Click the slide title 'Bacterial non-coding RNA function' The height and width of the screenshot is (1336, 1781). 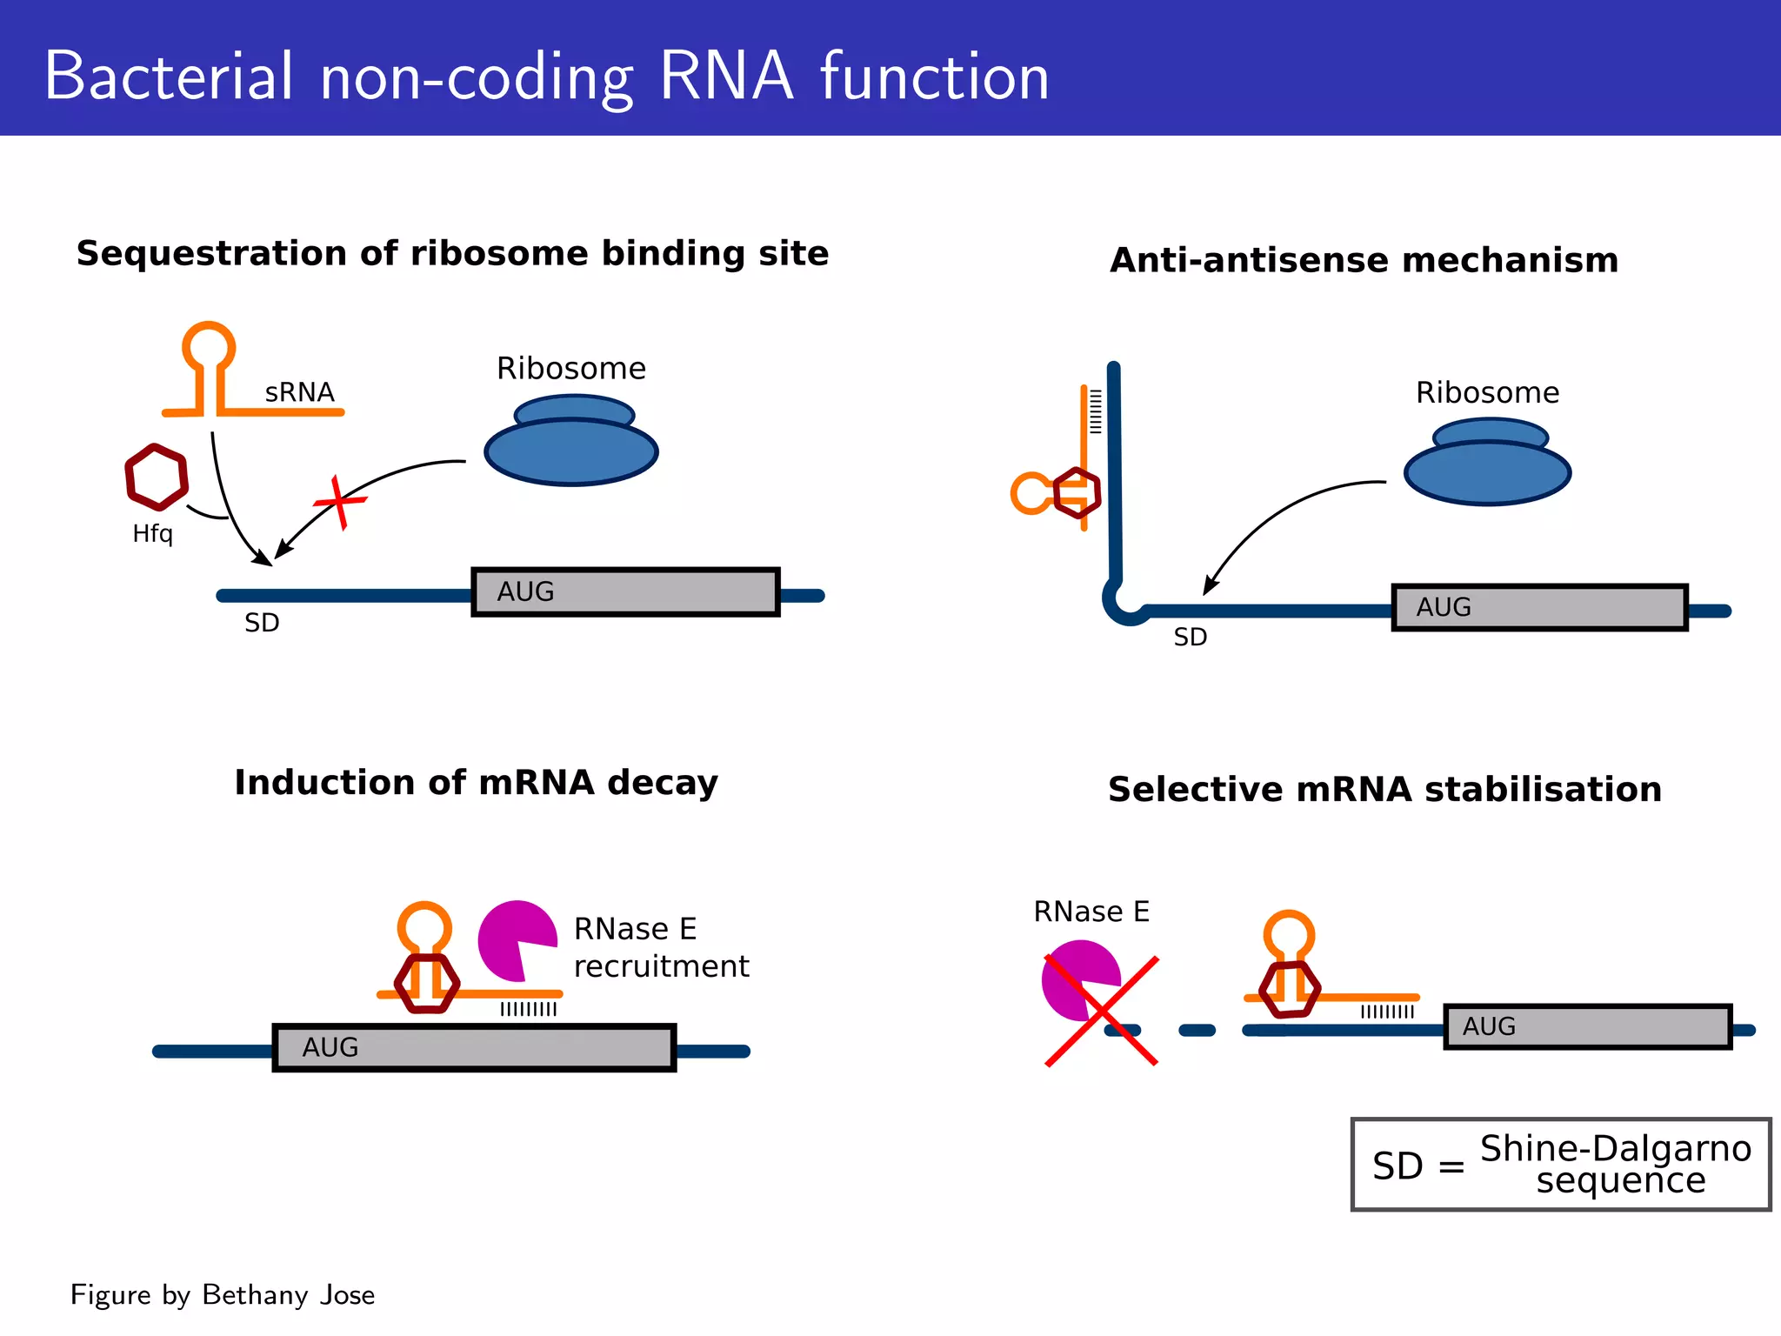point(546,77)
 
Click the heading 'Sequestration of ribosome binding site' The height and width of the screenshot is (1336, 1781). point(452,253)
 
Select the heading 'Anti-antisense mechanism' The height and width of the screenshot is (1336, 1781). point(1364,260)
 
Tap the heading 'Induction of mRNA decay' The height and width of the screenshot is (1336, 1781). point(476,782)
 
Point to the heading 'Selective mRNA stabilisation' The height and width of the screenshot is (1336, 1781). point(1384,789)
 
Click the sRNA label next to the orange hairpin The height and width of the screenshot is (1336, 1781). point(299,392)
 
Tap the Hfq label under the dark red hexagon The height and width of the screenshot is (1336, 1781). point(152,533)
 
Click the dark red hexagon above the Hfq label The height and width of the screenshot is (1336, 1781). point(157,477)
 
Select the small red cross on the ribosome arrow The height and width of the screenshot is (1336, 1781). point(340,502)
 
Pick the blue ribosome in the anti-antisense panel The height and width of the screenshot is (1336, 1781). point(1487,468)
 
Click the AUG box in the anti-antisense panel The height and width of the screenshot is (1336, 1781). point(1539,607)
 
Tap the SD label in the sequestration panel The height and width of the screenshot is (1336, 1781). point(261,623)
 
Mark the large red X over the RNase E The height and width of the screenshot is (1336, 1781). point(1101,1011)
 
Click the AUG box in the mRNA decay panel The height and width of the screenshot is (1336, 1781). point(474,1047)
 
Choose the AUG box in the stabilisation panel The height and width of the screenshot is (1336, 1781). point(1587,1026)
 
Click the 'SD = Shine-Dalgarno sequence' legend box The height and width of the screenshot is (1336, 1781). point(1560,1164)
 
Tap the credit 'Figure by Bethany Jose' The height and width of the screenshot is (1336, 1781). point(223,1294)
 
